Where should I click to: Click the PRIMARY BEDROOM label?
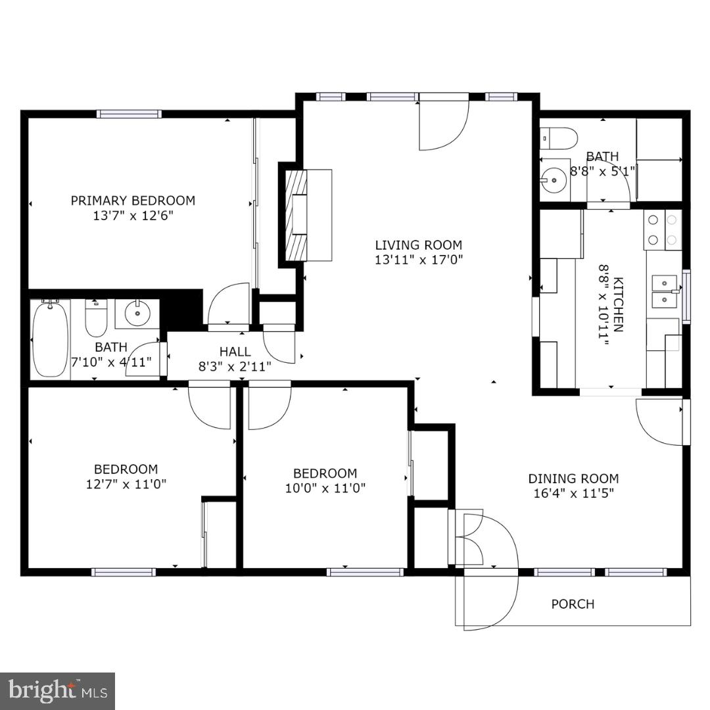(133, 201)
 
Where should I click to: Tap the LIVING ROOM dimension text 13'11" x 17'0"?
(419, 260)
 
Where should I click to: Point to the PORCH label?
(573, 603)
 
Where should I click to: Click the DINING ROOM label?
(573, 479)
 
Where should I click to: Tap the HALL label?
(235, 352)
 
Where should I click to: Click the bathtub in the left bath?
(51, 338)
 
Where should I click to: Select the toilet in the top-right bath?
(558, 138)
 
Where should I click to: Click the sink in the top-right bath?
(554, 178)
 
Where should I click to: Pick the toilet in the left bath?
(96, 317)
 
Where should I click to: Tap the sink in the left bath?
(137, 313)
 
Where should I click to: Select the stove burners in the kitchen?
(663, 230)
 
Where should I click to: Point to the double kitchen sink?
(665, 291)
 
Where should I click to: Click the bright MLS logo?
(58, 691)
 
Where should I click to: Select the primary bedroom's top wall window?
(129, 114)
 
